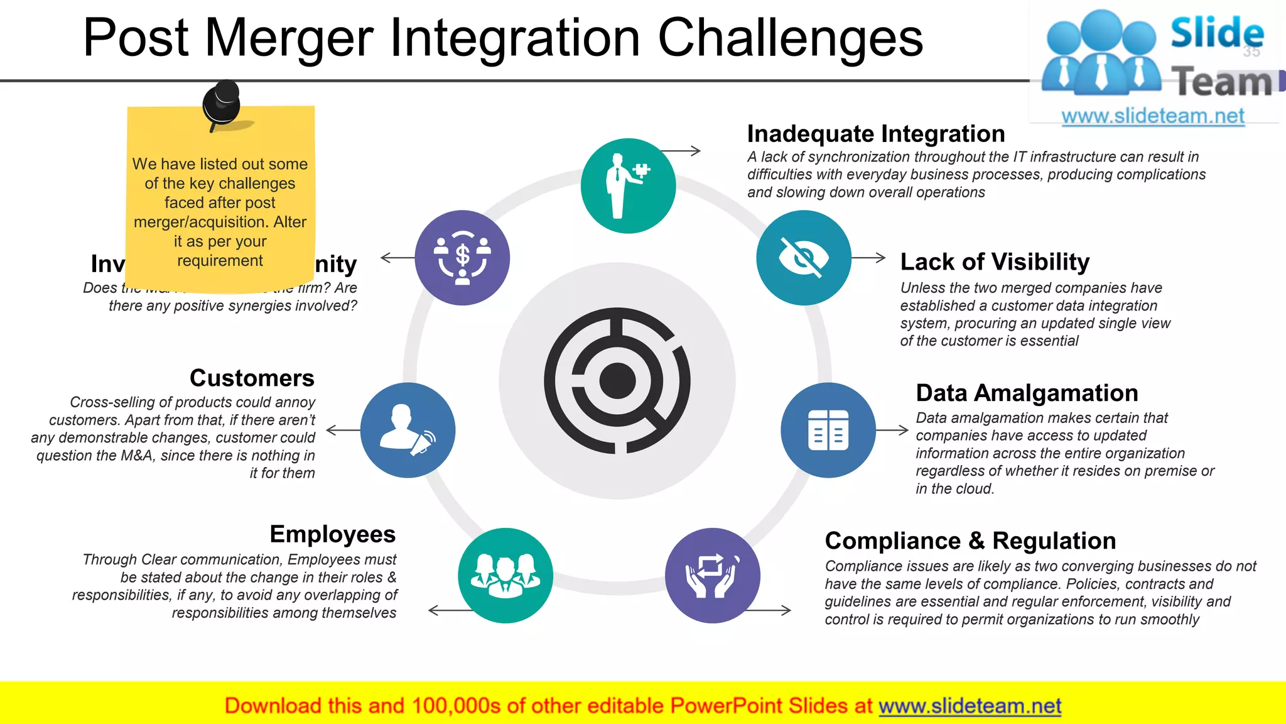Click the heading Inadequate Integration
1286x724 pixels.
[x=875, y=134]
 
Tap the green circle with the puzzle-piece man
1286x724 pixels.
[x=628, y=186]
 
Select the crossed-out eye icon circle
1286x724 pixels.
[x=803, y=258]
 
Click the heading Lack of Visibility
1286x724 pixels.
[x=995, y=261]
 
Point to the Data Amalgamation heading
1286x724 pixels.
[x=1027, y=393]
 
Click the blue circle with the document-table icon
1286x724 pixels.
[x=828, y=430]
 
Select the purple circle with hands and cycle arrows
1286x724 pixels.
[x=712, y=575]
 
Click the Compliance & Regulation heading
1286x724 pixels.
[x=970, y=540]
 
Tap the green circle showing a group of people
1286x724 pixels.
[x=505, y=575]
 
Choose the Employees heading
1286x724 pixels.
[x=332, y=534]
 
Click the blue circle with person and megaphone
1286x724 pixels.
[x=408, y=430]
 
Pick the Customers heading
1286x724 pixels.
[x=252, y=378]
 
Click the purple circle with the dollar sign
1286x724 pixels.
[x=462, y=258]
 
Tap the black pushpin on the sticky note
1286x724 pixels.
[x=222, y=103]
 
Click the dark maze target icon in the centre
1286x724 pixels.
[x=617, y=380]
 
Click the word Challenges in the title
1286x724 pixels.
[x=790, y=38]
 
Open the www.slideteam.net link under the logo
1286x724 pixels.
[x=1152, y=116]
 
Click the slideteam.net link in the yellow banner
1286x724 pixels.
[x=970, y=706]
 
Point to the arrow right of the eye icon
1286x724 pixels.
[x=869, y=258]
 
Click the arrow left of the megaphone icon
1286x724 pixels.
[x=343, y=430]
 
